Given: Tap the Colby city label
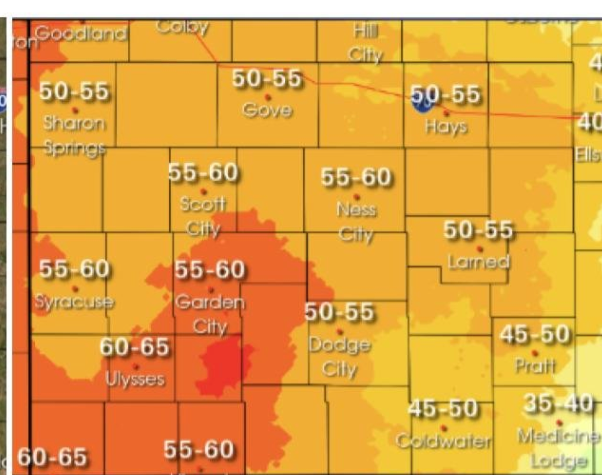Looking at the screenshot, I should click(182, 27).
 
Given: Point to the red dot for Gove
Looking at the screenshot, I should click(268, 97).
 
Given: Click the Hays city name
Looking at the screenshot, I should click(446, 127).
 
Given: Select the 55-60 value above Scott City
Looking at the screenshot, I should click(203, 173).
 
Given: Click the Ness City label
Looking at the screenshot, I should click(356, 221).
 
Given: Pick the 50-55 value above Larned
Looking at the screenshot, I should click(478, 230).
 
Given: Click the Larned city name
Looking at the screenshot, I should click(479, 262).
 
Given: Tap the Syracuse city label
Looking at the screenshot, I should click(74, 301).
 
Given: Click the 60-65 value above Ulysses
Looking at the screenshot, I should click(135, 346).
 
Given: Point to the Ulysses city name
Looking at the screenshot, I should click(135, 379).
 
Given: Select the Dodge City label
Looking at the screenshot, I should click(340, 357).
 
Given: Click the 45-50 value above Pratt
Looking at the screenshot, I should click(535, 334).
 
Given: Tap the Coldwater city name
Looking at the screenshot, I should click(444, 441).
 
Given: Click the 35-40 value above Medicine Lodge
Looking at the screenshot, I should click(558, 403).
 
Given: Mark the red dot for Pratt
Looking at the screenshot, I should click(535, 353).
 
